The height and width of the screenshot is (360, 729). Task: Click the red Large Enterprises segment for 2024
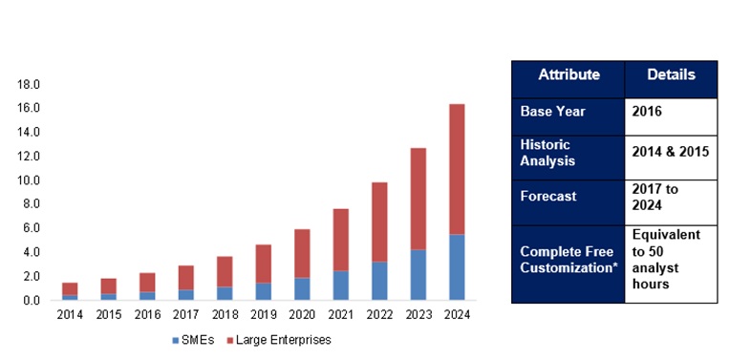[x=457, y=169]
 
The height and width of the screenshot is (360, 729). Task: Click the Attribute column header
[x=568, y=75]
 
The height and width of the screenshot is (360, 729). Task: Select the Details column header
[x=671, y=75]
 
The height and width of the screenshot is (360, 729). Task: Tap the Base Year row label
[x=552, y=112]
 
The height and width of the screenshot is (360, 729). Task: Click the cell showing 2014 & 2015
[x=671, y=152]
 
